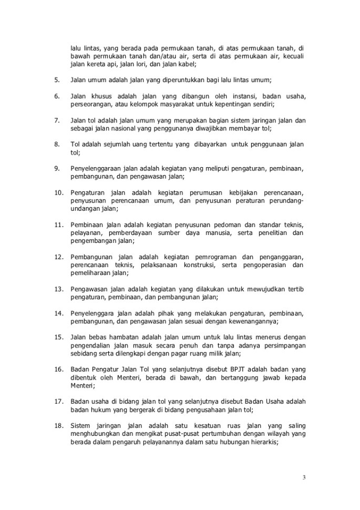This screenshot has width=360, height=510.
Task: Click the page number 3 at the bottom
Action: pyautogui.click(x=304, y=477)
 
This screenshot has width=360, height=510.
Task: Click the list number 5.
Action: pyautogui.click(x=57, y=80)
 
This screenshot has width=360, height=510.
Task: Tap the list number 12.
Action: pyautogui.click(x=58, y=257)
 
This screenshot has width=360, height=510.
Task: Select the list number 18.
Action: pyautogui.click(x=58, y=424)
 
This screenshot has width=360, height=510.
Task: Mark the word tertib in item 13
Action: pyautogui.click(x=295, y=289)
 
